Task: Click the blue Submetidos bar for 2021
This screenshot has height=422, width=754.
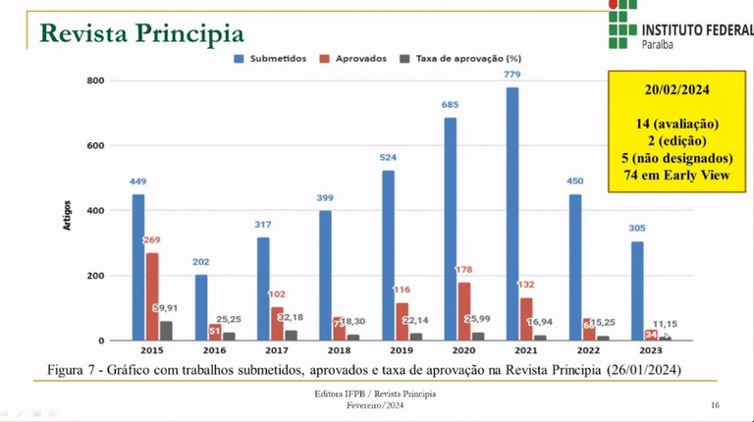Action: (512, 214)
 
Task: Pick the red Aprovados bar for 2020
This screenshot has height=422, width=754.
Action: (465, 311)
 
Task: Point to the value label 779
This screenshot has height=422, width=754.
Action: (512, 75)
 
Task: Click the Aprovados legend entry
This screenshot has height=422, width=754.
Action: (354, 58)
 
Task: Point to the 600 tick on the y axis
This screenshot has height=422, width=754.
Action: (95, 145)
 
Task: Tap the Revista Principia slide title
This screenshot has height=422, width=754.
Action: (141, 32)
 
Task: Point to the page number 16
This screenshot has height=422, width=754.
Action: (715, 404)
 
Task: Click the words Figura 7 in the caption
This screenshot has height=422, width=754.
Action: (77, 369)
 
